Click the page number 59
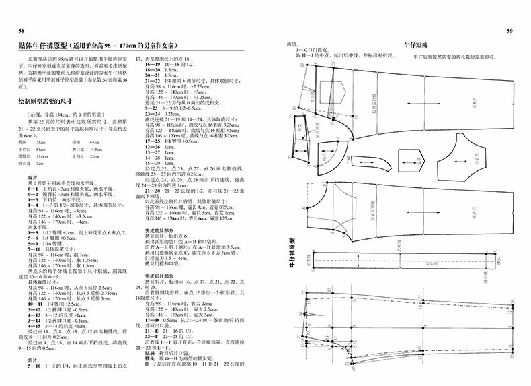tap(509, 32)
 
